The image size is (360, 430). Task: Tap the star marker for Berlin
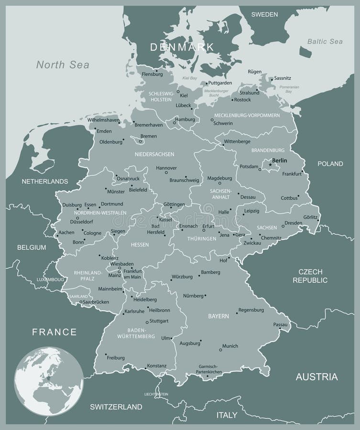(270, 165)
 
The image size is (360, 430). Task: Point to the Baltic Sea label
(325, 42)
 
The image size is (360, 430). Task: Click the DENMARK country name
(182, 47)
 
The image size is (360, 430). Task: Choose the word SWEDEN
(264, 14)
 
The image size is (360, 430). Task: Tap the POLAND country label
(330, 164)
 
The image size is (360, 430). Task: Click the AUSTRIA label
(316, 377)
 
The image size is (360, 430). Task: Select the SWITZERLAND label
(116, 407)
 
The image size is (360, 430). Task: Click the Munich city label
(230, 346)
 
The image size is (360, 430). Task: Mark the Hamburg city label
(185, 119)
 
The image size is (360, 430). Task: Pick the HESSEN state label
(139, 245)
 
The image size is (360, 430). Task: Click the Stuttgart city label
(158, 321)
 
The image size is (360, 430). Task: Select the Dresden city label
(293, 223)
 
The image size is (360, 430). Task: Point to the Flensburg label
(152, 74)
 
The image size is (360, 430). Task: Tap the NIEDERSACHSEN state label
(154, 154)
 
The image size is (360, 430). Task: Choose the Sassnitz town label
(283, 78)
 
